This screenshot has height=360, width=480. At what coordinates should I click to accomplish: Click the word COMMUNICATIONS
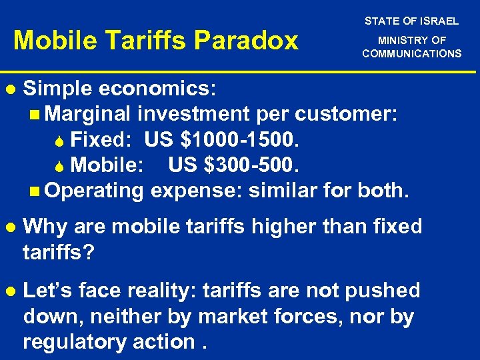[x=411, y=53]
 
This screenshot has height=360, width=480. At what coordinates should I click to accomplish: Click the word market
[x=235, y=316]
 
